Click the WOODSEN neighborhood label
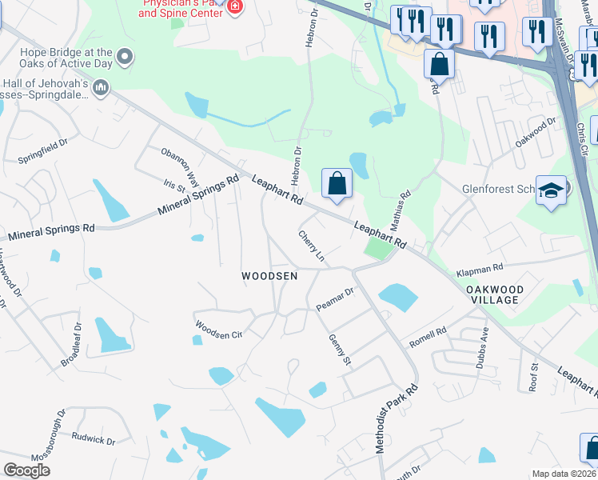[269, 276]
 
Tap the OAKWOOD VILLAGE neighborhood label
[494, 294]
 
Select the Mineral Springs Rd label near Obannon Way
[198, 197]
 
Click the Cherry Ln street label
[312, 246]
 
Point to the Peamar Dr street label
[334, 299]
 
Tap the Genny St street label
[340, 350]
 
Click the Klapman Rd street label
[480, 270]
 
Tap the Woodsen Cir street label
[218, 329]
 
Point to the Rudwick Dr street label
[94, 438]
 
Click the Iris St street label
[174, 185]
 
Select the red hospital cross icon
[234, 7]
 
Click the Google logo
[26, 470]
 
